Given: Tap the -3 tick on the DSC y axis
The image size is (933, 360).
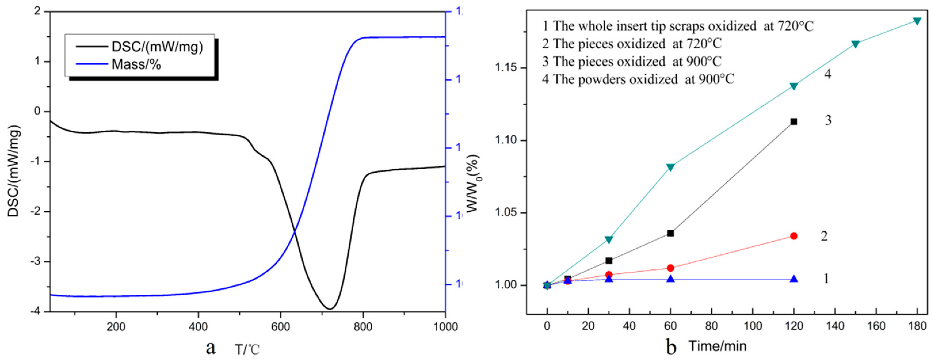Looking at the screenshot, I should (x=37, y=262).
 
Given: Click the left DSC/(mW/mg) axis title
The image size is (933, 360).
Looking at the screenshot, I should (x=14, y=171).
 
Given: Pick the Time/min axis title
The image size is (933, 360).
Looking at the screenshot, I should (x=717, y=346).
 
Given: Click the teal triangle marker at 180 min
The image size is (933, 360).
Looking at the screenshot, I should (x=917, y=21).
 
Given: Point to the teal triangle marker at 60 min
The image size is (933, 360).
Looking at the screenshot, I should (x=670, y=167).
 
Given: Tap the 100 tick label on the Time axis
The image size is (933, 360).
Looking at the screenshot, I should (x=753, y=326).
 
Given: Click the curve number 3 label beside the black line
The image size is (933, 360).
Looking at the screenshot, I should (x=828, y=120).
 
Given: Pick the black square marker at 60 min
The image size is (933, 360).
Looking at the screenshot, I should (x=670, y=233).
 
